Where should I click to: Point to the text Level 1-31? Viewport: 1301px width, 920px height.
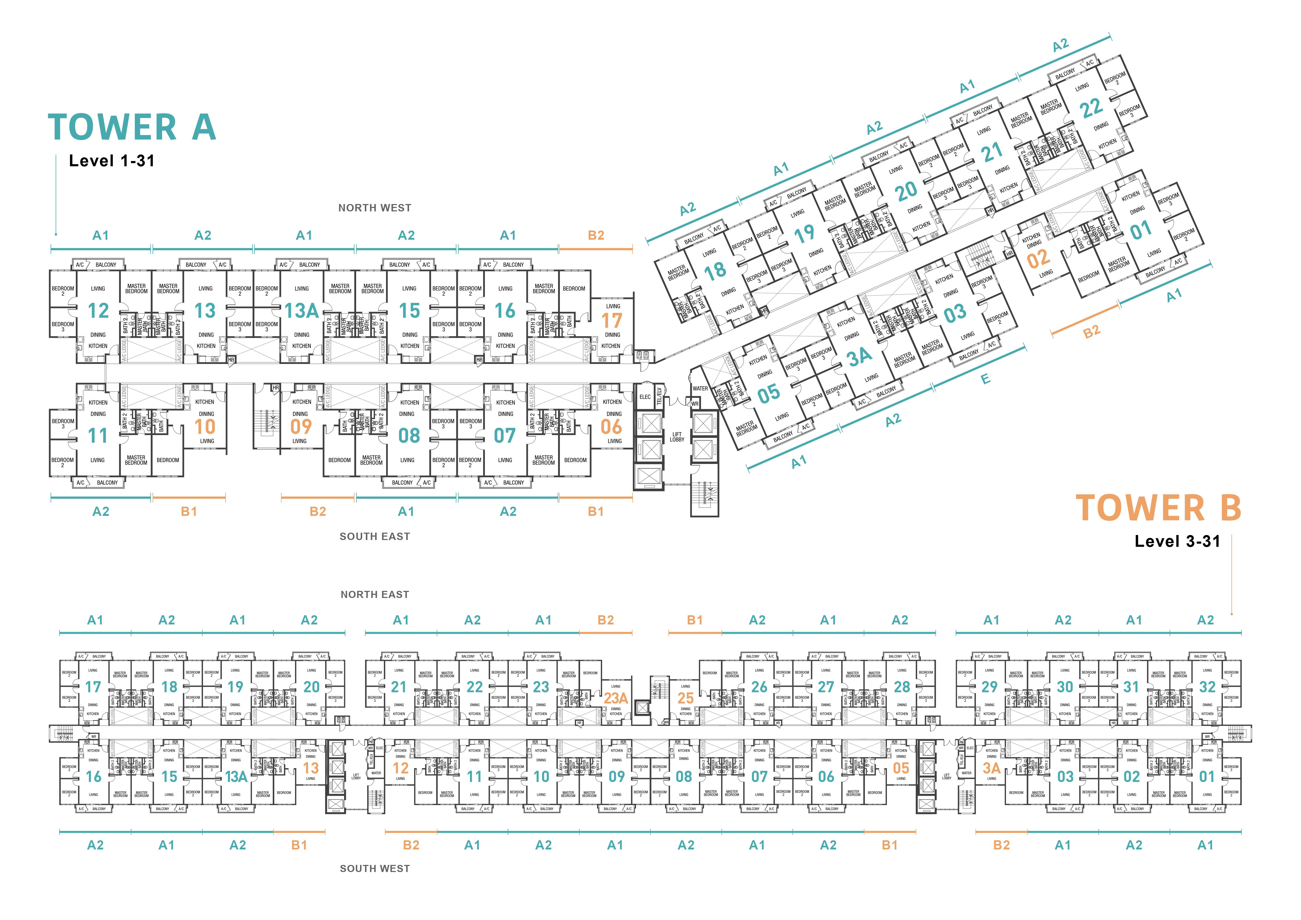112,161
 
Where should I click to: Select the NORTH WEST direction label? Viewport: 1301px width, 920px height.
374,208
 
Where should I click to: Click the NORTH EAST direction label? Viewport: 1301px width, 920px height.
374,594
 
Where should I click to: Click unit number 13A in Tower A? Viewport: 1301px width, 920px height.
302,311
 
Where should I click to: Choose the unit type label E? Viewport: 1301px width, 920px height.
986,379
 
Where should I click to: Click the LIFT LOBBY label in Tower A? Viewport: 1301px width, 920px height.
677,437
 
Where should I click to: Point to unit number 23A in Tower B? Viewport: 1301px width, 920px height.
616,698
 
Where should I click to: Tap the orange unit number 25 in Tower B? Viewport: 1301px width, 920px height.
686,698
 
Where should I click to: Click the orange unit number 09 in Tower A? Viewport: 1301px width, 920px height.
301,427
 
